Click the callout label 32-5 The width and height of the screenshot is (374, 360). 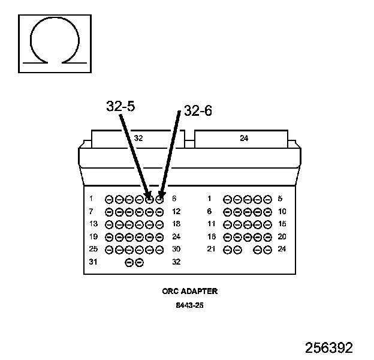point(120,106)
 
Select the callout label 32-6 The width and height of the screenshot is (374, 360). point(198,111)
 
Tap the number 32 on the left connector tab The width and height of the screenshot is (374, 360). point(138,138)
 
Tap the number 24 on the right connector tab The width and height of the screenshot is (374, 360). point(244,138)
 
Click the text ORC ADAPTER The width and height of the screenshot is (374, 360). point(189,292)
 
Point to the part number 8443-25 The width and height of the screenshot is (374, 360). point(189,305)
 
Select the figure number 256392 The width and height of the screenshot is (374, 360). point(328,348)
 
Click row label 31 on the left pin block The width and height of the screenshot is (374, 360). point(92,262)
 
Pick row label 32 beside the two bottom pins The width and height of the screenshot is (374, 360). point(176,262)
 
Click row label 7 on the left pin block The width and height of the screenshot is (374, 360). point(91,212)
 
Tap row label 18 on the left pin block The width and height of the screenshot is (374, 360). point(176,224)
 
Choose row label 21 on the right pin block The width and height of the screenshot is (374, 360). point(211,249)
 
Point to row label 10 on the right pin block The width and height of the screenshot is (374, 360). point(282,212)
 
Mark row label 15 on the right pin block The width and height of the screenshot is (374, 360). point(282,224)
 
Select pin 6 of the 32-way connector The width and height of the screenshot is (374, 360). point(159,199)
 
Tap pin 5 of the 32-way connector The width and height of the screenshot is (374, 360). point(149,199)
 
